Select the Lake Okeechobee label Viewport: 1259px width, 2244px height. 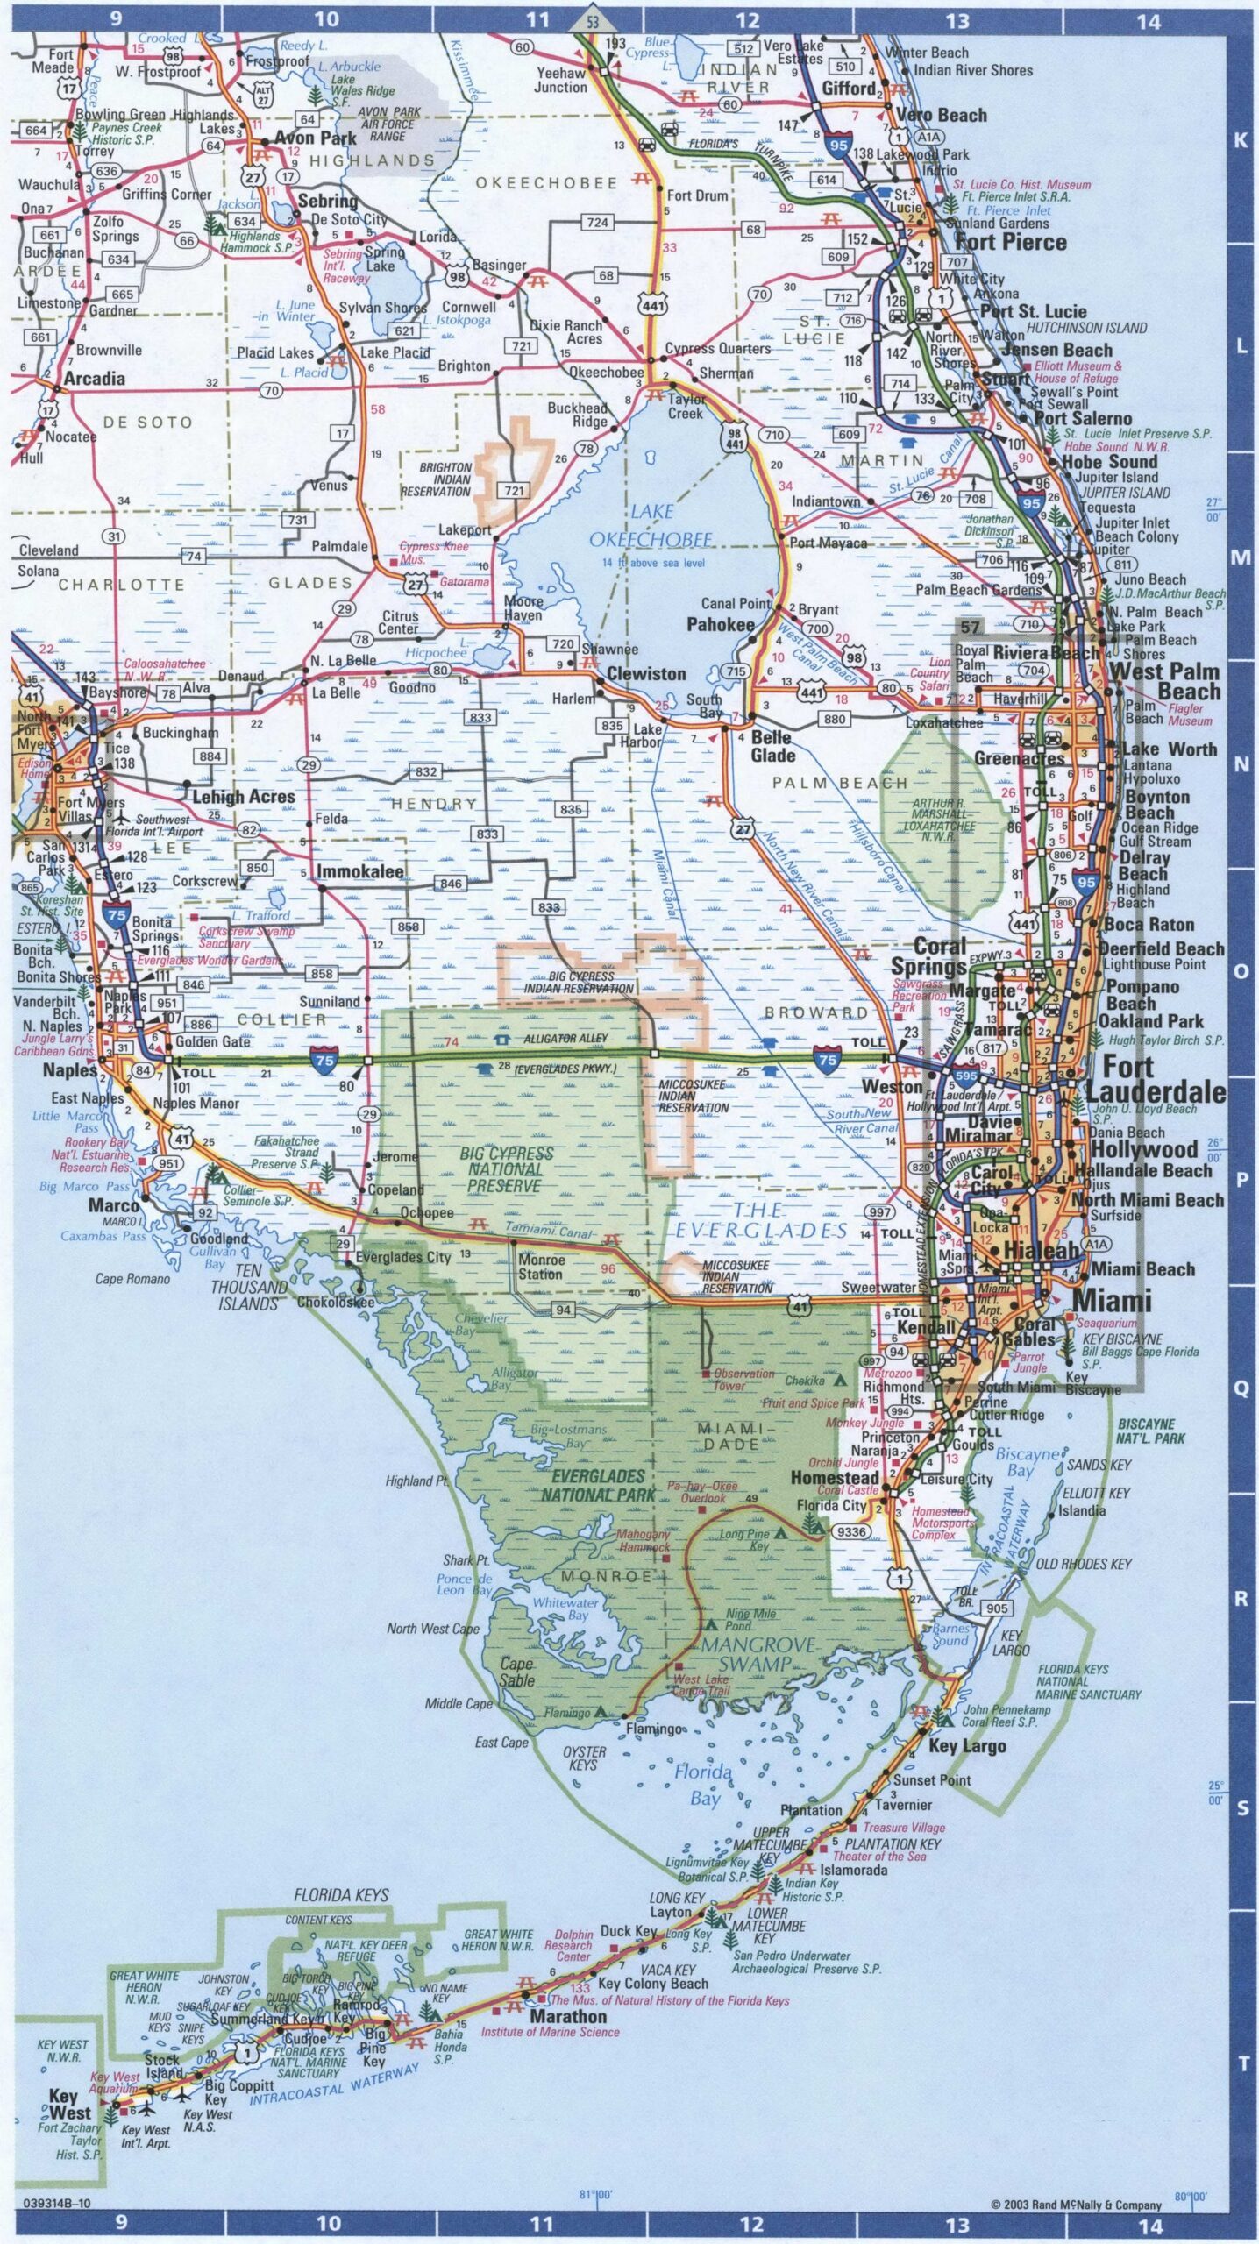(x=651, y=525)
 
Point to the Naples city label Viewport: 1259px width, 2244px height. (x=70, y=1070)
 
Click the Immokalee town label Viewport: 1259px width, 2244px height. (x=360, y=871)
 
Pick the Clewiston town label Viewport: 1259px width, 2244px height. (x=646, y=673)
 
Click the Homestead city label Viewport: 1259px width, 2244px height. (x=835, y=1477)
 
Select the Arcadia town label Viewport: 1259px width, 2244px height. (x=95, y=379)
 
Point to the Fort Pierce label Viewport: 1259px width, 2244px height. (x=1011, y=242)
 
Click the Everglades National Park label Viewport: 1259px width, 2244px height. (x=598, y=1485)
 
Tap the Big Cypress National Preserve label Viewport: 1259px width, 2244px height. (x=506, y=1169)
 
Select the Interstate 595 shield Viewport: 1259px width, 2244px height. (x=965, y=1075)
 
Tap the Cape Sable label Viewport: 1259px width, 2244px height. (x=517, y=1672)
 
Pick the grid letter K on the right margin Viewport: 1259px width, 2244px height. (x=1241, y=140)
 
